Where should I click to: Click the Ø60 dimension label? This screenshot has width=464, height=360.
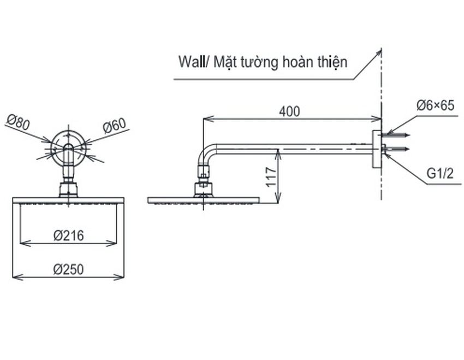(x=115, y=126)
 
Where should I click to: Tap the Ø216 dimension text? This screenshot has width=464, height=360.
(x=69, y=235)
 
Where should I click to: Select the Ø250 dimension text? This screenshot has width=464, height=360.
(x=69, y=269)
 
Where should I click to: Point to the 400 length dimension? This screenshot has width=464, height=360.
(x=289, y=111)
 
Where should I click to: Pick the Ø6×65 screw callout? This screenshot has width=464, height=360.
(x=435, y=105)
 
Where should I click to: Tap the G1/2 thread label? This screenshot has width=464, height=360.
(x=440, y=175)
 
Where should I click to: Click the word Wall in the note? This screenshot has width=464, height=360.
(x=190, y=61)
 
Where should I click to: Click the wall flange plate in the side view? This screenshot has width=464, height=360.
(x=377, y=149)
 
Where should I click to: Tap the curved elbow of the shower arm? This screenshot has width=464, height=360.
(x=206, y=155)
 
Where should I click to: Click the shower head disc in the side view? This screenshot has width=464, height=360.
(x=203, y=200)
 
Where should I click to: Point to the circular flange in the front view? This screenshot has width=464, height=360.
(x=68, y=147)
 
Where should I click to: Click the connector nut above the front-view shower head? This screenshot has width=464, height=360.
(x=68, y=190)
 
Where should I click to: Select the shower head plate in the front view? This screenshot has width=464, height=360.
(x=68, y=200)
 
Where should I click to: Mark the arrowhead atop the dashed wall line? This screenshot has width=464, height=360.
(x=379, y=52)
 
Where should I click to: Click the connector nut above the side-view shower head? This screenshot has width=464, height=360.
(x=203, y=189)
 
